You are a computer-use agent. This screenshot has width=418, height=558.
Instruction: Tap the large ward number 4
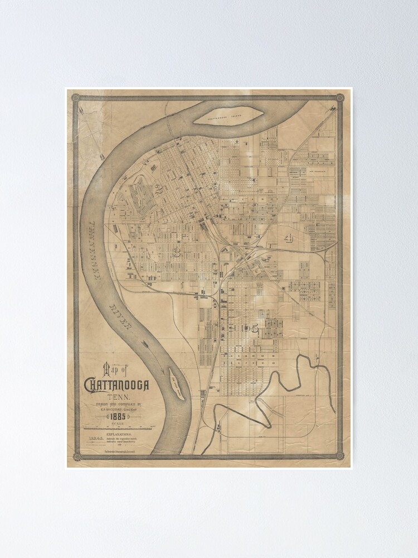[288, 239]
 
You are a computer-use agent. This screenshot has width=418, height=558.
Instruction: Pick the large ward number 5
[255, 329]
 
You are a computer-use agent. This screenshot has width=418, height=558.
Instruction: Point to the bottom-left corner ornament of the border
[76, 457]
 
